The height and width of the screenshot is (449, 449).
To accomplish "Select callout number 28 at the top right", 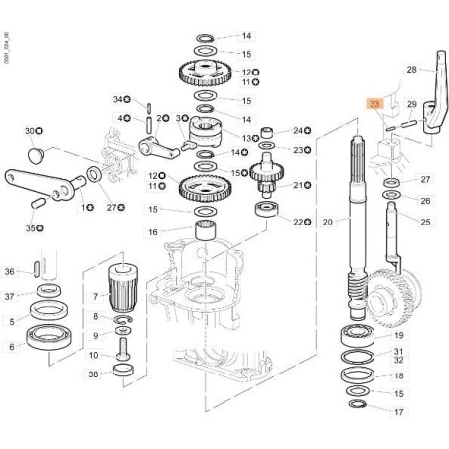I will click(x=411, y=70).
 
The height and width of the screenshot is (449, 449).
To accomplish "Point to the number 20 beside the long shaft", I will click(x=327, y=222).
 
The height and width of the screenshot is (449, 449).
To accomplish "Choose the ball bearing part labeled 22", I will click(x=267, y=211).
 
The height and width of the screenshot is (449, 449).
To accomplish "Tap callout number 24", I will click(x=298, y=130).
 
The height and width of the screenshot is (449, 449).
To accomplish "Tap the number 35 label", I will click(x=30, y=228).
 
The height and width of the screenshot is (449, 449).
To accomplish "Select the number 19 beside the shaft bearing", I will click(x=398, y=336).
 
